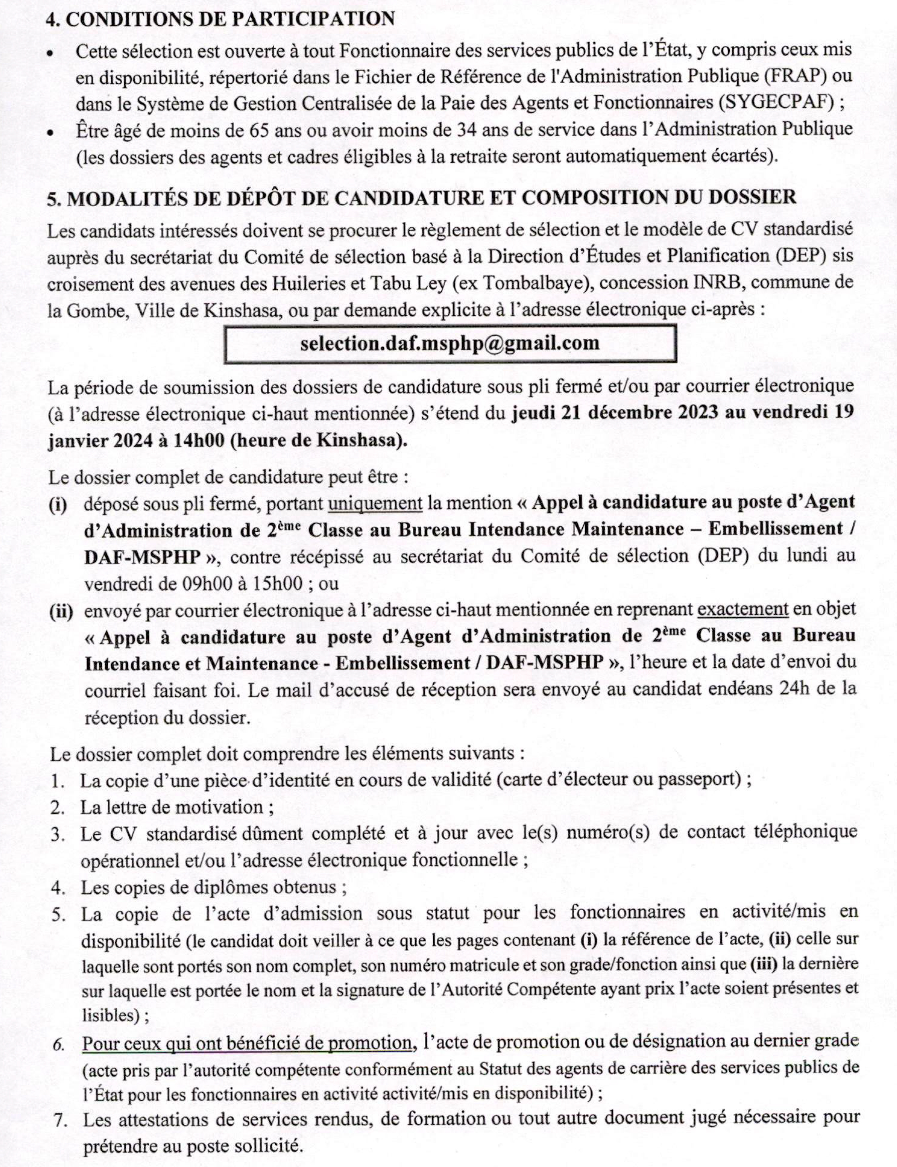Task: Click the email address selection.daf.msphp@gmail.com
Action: click(450, 343)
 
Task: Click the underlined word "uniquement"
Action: click(375, 502)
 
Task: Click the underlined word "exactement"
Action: click(743, 608)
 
